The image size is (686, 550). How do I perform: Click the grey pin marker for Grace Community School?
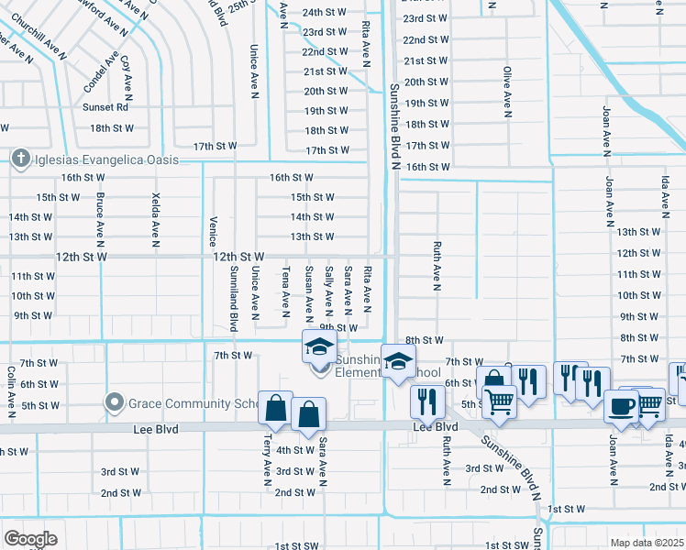(x=114, y=401)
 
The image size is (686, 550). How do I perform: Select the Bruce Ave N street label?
(x=99, y=219)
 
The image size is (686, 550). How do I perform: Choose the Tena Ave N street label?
(x=286, y=287)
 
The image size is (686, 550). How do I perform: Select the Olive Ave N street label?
(x=505, y=91)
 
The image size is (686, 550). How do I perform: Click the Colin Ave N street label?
(x=10, y=390)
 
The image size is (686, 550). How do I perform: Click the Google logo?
(x=31, y=538)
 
